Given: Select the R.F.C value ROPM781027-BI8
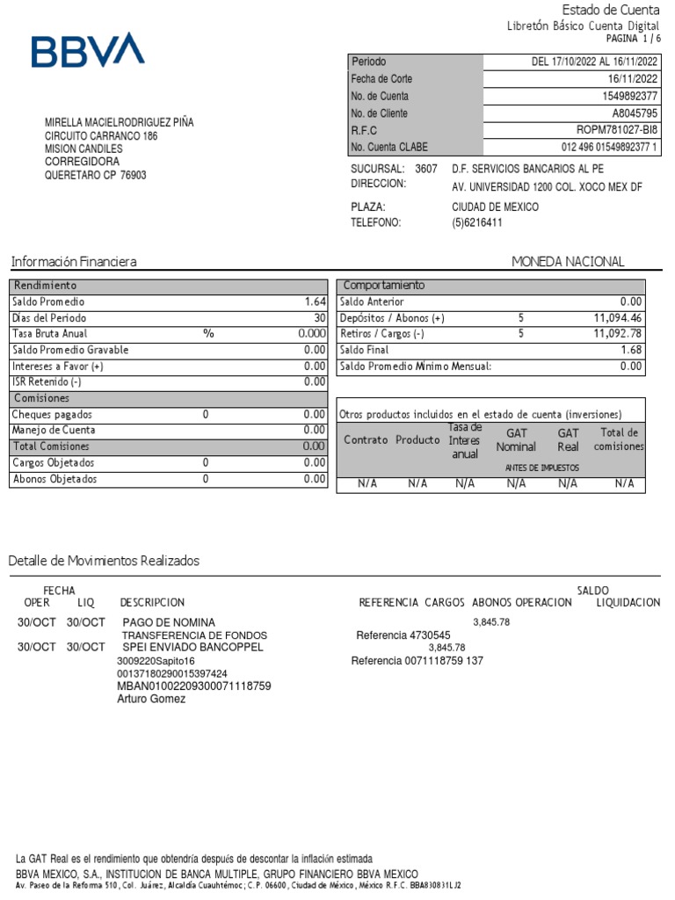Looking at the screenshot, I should [616, 130].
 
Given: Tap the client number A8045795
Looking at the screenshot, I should [635, 113].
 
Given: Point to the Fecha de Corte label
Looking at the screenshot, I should [381, 79].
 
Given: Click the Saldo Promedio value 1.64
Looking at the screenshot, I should [316, 301].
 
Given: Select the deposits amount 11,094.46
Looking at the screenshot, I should [618, 318].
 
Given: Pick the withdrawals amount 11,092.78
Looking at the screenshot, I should [618, 334].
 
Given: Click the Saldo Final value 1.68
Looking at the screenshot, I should [630, 350].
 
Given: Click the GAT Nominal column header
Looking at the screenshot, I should [516, 440].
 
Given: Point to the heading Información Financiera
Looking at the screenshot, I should [73, 262].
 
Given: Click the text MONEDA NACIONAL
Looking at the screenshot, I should [568, 262].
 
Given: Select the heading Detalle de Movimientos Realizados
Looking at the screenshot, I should [104, 561].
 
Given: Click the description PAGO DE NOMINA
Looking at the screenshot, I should [168, 622].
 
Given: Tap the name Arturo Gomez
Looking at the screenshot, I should [151, 699].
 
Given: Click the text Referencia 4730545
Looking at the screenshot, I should [403, 635].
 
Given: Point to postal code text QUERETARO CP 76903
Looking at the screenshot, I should [96, 175].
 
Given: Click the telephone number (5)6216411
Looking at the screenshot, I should [477, 223].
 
